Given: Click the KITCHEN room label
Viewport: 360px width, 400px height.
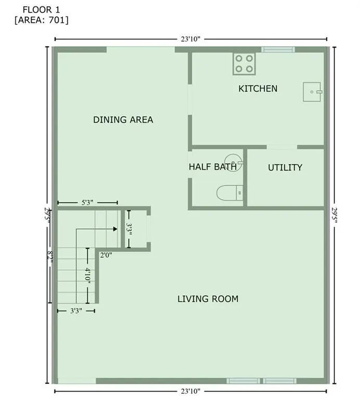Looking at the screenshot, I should [258, 89].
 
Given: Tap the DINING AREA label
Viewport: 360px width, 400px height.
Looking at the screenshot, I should [123, 120].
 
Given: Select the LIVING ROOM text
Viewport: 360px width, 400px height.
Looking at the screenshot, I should [208, 299].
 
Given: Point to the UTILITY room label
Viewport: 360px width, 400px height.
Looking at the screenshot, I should [285, 168].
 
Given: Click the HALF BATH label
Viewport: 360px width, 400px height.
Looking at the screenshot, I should [212, 167].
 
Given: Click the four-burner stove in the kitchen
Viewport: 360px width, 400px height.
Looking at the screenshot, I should [244, 64].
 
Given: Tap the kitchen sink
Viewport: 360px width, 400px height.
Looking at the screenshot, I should [312, 92].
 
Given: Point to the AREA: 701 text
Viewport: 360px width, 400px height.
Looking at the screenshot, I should [42, 20].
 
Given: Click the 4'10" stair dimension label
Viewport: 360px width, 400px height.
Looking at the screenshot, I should [88, 275].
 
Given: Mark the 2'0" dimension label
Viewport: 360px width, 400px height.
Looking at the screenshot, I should [106, 255].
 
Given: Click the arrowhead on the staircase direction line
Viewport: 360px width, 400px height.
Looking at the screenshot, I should [114, 228].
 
